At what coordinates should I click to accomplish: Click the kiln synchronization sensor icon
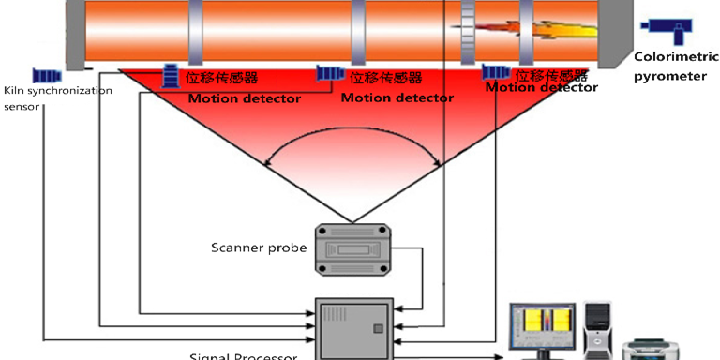[47, 74]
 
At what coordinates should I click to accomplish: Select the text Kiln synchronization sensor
[56, 97]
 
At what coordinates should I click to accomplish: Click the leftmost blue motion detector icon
[172, 74]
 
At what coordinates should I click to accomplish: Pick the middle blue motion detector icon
[329, 73]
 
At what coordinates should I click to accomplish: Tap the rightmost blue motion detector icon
[495, 72]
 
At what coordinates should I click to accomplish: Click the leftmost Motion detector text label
[245, 98]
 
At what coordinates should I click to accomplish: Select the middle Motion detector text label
[397, 97]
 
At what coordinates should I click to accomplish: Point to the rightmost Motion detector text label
[541, 88]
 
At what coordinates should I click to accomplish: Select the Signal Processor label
[244, 355]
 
